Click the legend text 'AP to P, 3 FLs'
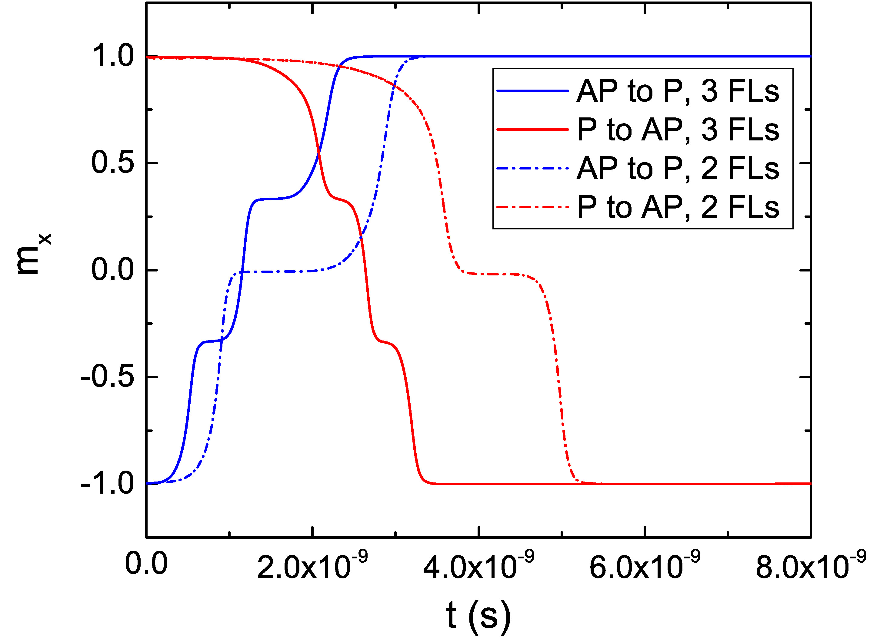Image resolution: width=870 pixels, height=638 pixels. coord(678,91)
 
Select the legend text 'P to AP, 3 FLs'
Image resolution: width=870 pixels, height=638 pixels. coord(678,130)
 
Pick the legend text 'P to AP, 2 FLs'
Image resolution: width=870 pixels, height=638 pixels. coord(678,207)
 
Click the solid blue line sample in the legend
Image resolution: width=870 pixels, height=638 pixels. coord(532,91)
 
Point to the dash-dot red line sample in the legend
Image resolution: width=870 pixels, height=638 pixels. coord(532,207)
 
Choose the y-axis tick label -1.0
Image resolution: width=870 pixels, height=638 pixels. coord(108,484)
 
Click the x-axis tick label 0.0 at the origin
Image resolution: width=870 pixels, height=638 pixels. coord(146,564)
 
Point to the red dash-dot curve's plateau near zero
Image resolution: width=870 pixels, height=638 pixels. coord(495,274)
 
